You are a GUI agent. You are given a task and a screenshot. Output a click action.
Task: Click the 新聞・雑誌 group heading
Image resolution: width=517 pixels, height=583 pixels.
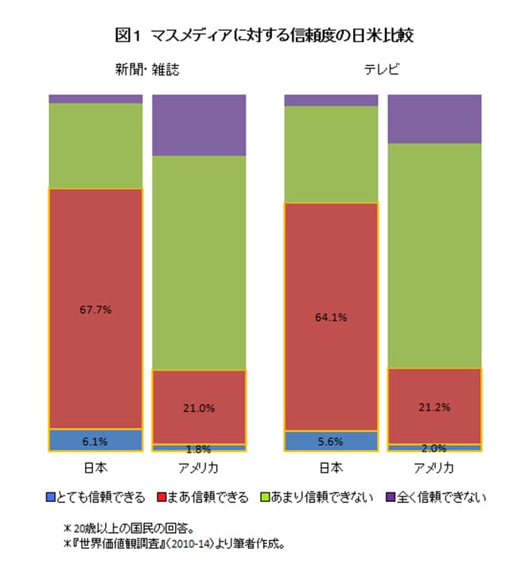(x=147, y=70)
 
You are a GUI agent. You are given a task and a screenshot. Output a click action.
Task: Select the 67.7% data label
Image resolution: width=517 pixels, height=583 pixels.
(x=95, y=309)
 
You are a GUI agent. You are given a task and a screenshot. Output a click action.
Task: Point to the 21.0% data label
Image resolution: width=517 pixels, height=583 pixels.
(x=199, y=407)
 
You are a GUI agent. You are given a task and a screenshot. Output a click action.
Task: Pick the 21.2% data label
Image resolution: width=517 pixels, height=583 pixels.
(x=434, y=407)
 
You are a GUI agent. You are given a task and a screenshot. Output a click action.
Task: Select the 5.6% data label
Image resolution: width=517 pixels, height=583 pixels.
(x=331, y=442)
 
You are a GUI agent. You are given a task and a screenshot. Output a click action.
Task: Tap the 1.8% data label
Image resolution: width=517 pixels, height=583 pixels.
(x=199, y=449)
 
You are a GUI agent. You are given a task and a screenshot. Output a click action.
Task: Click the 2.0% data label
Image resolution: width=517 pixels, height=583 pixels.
(x=434, y=448)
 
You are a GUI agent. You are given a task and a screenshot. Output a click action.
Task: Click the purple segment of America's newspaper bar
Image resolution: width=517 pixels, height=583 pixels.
(x=199, y=125)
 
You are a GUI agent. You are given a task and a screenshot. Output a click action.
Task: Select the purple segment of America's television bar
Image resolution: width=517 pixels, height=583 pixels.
(x=434, y=118)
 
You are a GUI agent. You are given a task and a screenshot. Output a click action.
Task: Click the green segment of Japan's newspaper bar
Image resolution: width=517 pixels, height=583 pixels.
(x=95, y=145)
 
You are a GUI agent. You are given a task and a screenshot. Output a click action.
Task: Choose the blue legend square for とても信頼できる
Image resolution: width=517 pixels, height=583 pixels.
(x=52, y=498)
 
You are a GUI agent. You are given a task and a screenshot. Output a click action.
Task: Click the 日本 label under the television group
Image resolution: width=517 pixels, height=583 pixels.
(x=331, y=467)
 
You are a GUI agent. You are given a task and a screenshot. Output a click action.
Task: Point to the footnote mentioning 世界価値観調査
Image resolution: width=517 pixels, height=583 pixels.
(x=174, y=544)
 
